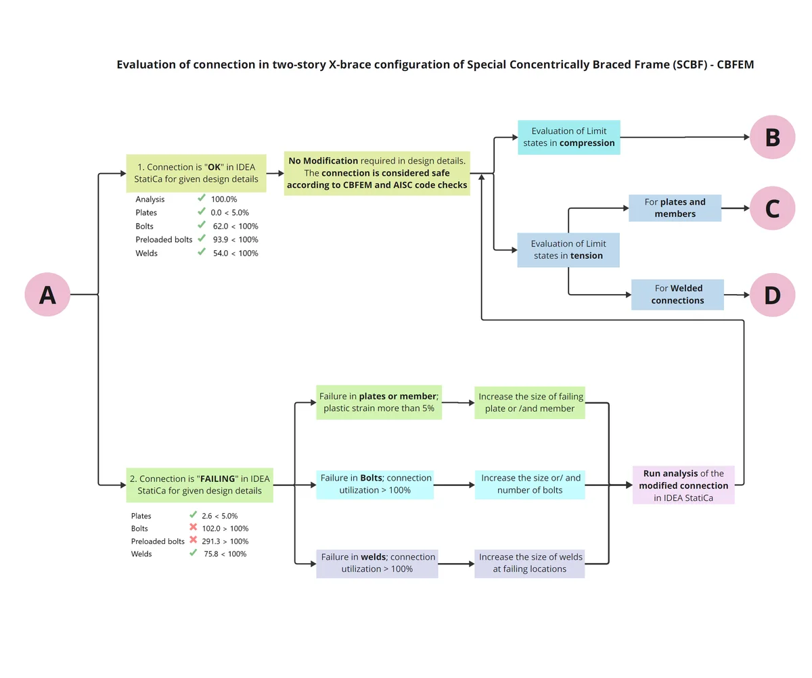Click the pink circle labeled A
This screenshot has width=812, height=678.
pos(47,294)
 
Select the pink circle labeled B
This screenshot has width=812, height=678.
pos(772,137)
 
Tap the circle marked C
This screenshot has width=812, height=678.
pos(772,208)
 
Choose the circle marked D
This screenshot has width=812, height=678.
pos(772,295)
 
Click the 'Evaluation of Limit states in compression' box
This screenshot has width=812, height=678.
pos(568,137)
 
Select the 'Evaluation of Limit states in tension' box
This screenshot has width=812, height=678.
pos(568,250)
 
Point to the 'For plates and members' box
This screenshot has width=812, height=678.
pos(675,208)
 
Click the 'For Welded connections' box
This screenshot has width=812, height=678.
pos(677,295)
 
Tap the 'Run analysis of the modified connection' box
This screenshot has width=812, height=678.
pos(683,485)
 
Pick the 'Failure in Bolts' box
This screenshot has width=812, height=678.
pos(375,485)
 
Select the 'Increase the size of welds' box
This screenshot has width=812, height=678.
pos(530,563)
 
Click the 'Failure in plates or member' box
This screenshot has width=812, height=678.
pos(379,402)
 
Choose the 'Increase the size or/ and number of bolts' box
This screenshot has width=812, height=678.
pos(530,485)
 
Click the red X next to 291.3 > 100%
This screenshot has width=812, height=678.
pos(194,539)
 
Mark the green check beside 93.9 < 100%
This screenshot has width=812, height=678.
pos(202,238)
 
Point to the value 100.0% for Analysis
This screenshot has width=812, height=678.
pos(224,199)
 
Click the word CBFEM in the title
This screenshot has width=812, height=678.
pos(735,64)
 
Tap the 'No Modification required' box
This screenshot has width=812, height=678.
pos(377,173)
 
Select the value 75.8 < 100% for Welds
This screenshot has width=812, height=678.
pos(225,554)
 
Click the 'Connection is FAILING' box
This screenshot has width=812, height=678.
pos(200,485)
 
